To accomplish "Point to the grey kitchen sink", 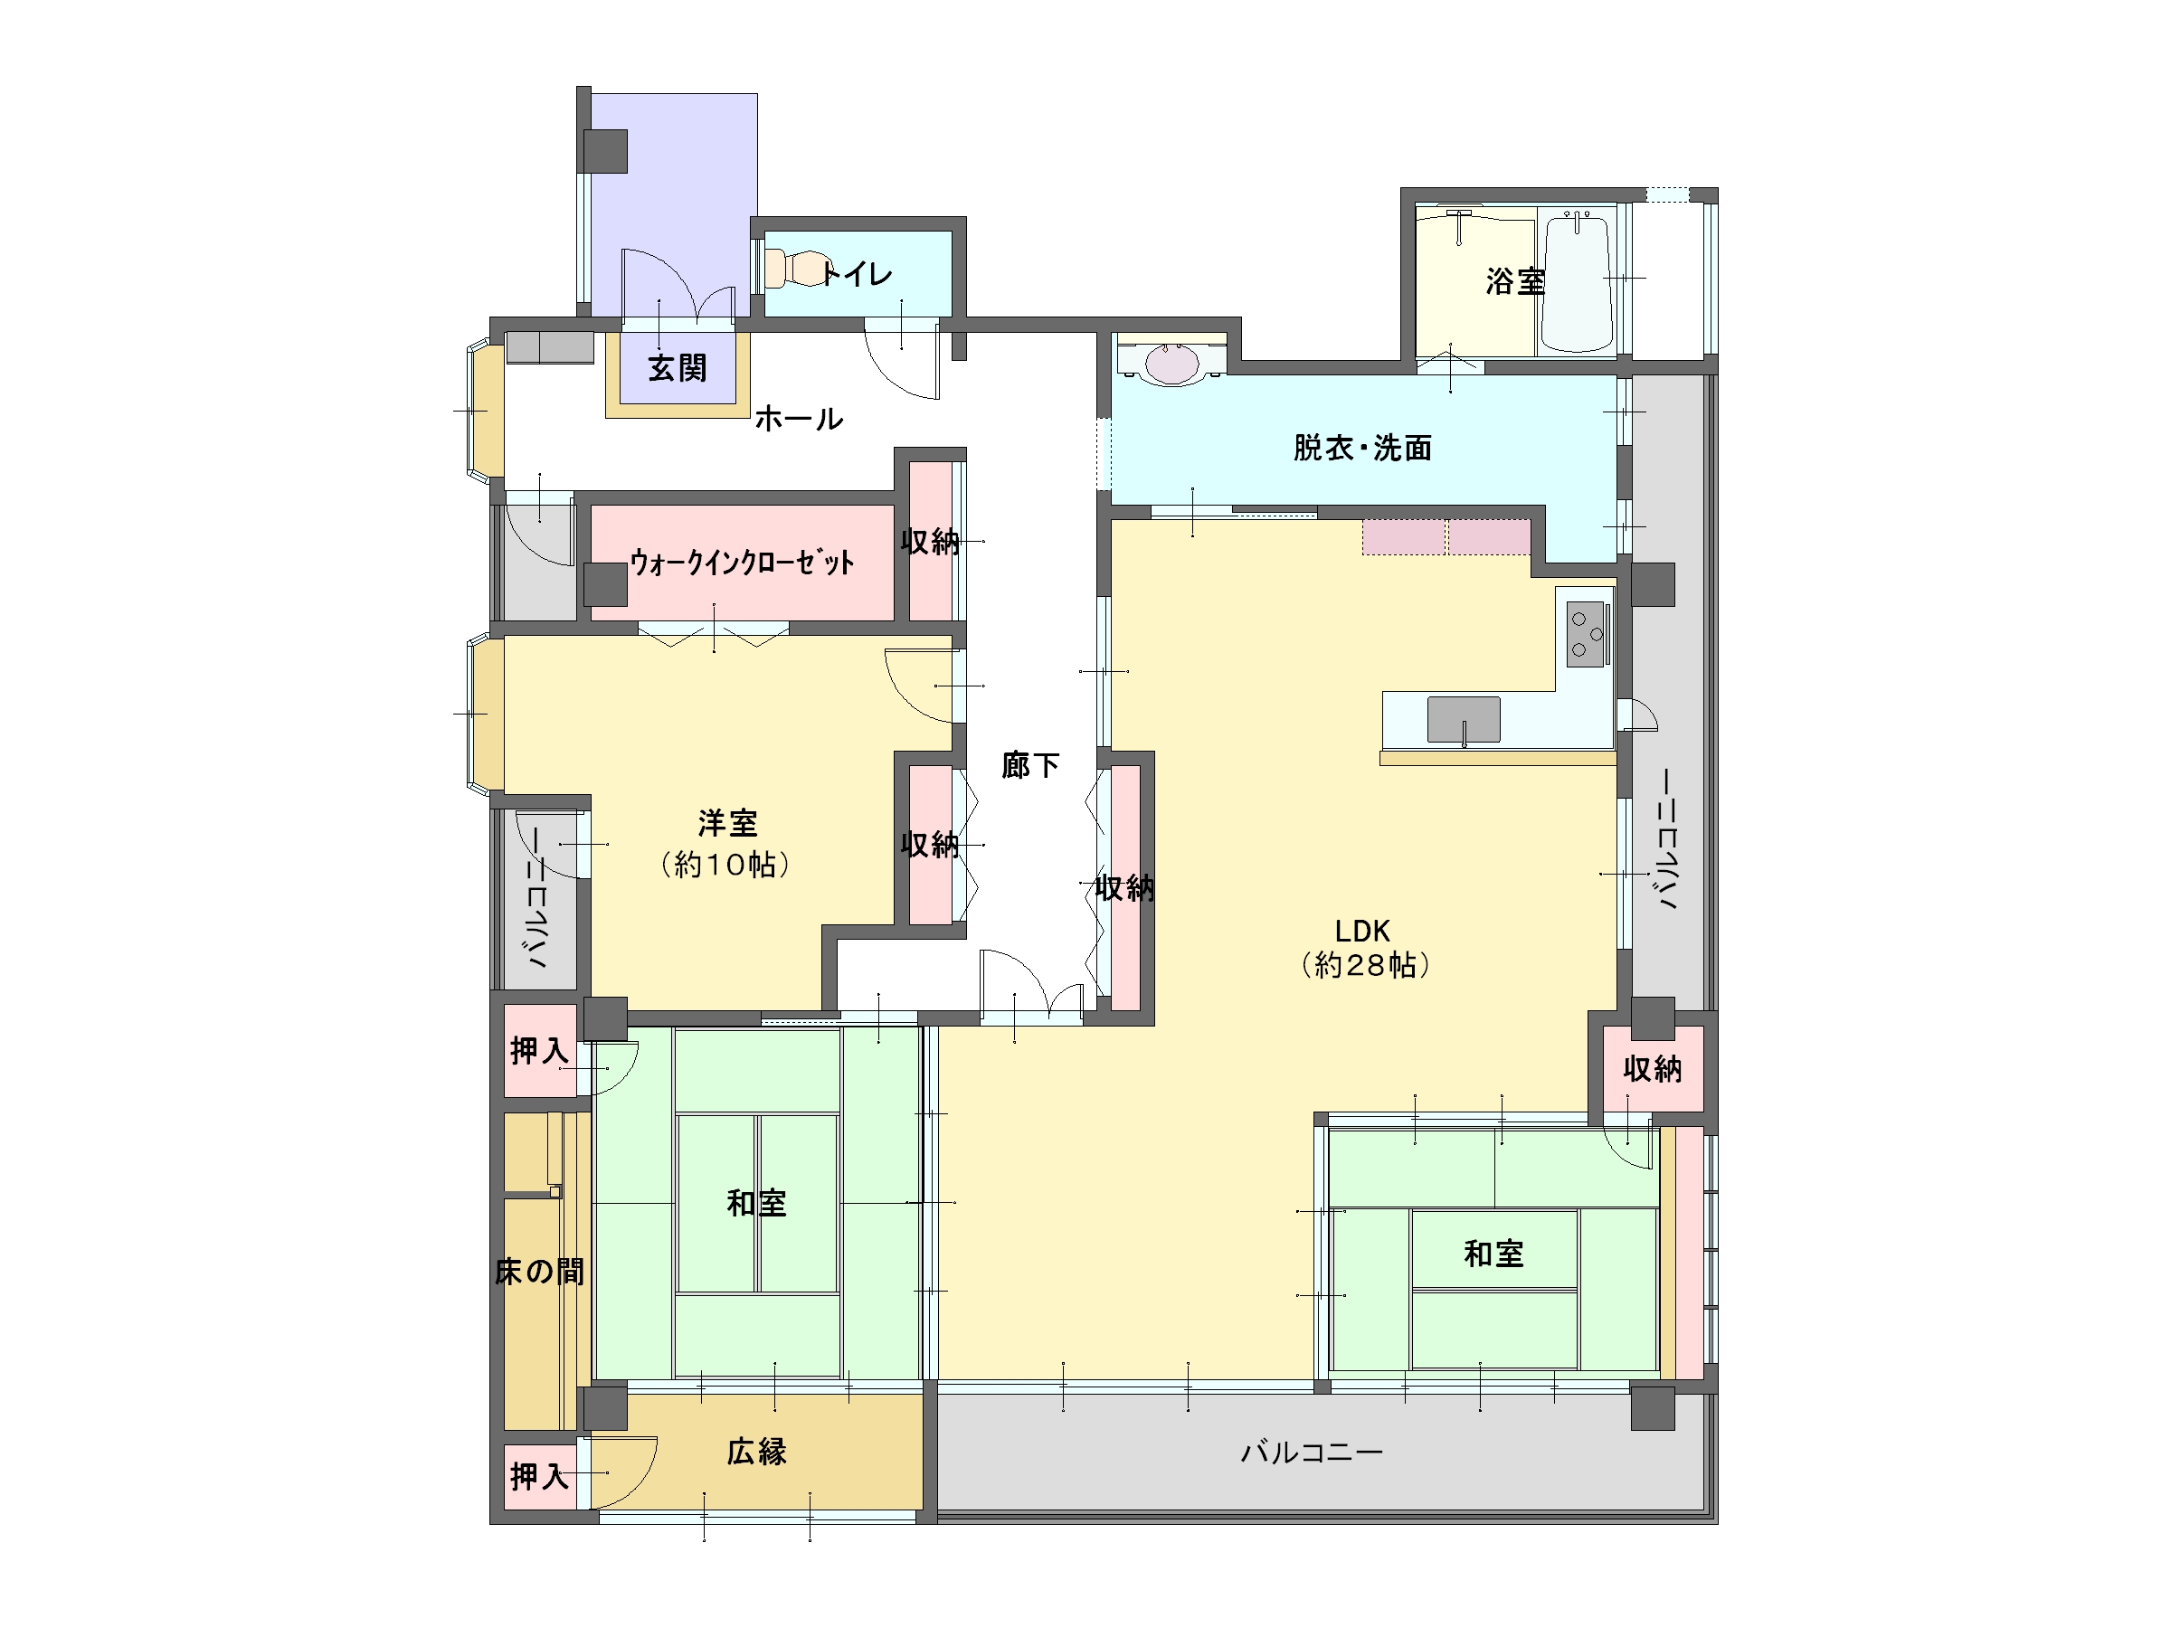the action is [x=1464, y=719].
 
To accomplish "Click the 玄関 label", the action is [x=678, y=369].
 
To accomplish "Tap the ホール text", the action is [x=799, y=419].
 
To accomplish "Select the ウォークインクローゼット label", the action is [x=742, y=563].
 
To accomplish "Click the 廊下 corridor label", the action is [x=1030, y=764].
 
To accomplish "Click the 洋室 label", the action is [x=728, y=822].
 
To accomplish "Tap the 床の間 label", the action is [x=540, y=1272].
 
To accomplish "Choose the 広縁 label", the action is [x=757, y=1452].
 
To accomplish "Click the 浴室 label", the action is [x=1515, y=282].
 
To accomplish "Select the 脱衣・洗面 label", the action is [x=1362, y=449].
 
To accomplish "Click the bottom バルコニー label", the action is [x=1312, y=1452].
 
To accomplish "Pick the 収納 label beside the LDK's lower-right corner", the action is [x=1653, y=1069].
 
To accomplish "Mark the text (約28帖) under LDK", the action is [x=1365, y=966].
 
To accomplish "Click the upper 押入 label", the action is [x=539, y=1051].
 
